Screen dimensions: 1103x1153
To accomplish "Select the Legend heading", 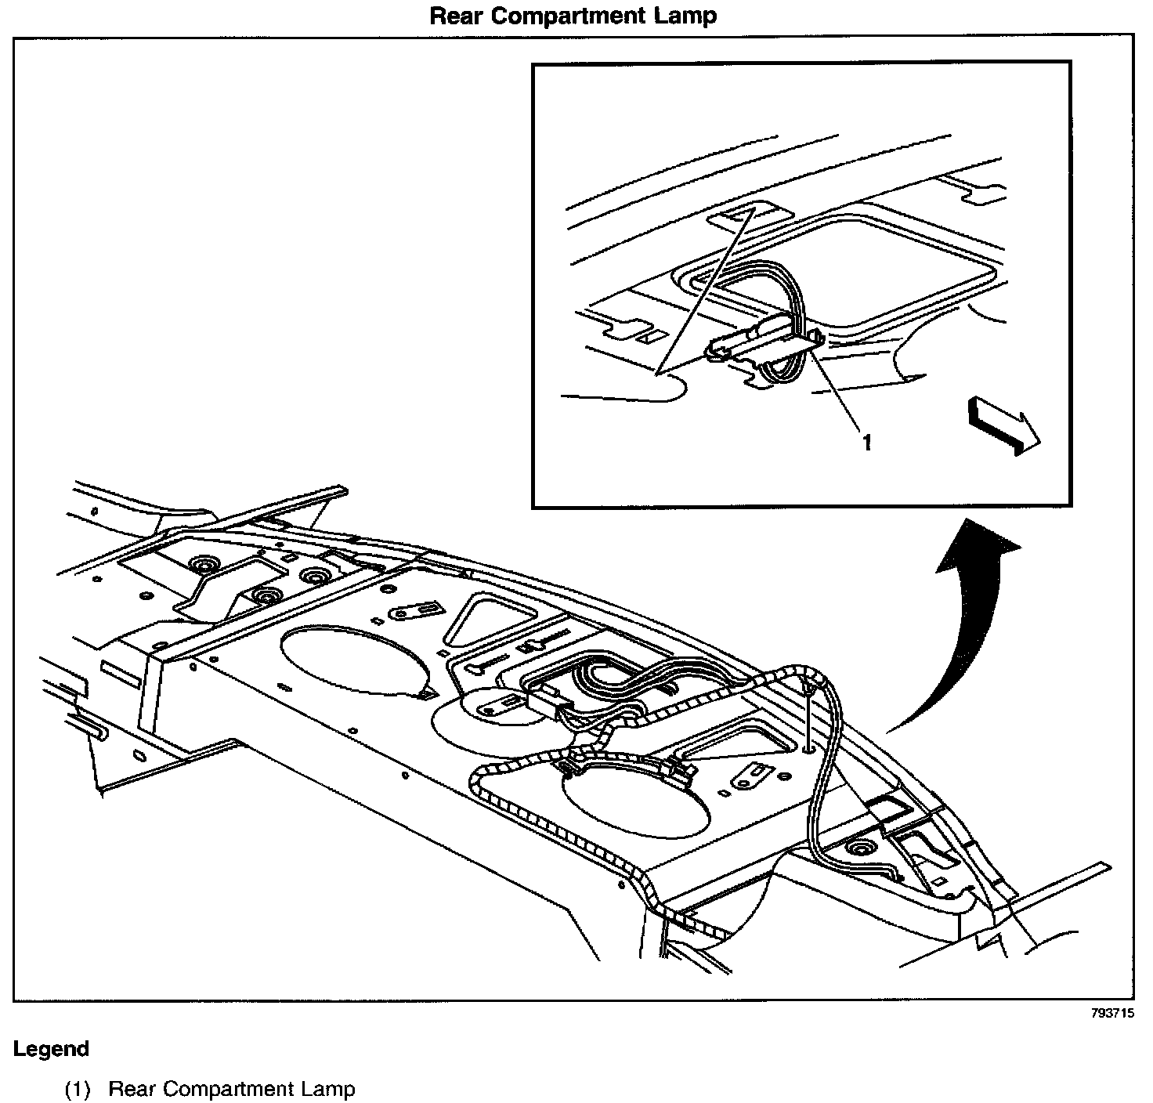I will (x=51, y=1049).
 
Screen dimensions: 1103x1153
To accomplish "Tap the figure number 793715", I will (x=1112, y=1013).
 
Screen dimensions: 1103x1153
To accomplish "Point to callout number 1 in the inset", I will (x=866, y=443).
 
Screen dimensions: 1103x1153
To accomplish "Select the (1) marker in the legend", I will (x=78, y=1089).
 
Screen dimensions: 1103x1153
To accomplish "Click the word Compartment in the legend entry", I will (x=232, y=1089).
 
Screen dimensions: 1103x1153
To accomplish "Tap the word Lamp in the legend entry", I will (x=331, y=1089).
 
